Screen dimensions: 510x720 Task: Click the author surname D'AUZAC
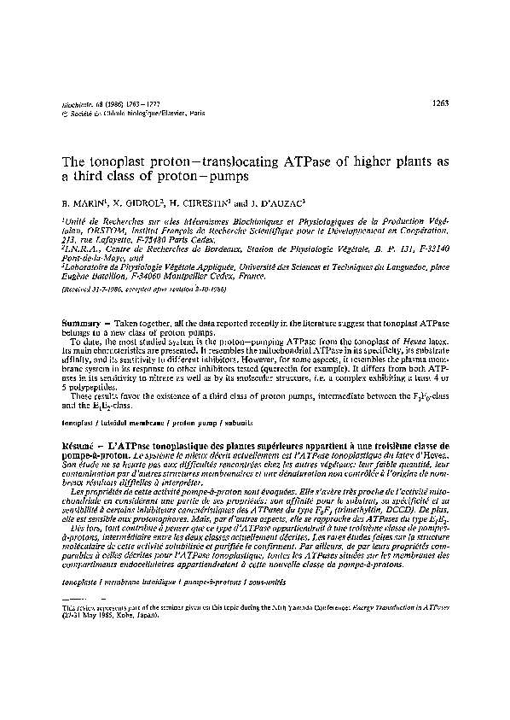coord(287,205)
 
